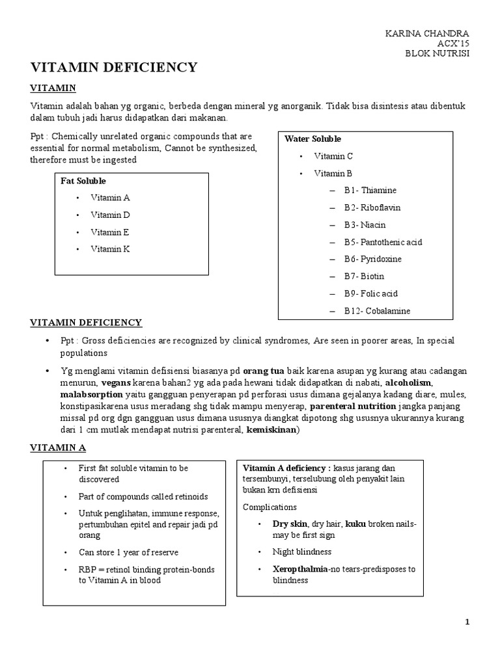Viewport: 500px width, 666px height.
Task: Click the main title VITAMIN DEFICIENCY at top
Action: coord(113,67)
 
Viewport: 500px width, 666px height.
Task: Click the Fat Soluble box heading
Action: coord(83,181)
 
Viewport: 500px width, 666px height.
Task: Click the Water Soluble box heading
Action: coord(312,139)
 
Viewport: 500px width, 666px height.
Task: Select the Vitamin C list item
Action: coord(333,156)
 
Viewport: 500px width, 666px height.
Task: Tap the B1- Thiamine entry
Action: coord(370,191)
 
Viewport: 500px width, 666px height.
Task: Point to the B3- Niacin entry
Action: coord(365,225)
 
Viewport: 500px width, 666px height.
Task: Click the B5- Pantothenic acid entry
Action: coord(383,242)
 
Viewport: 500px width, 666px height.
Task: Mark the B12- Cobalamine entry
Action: coord(378,311)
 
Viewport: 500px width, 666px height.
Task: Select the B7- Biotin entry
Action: coord(365,276)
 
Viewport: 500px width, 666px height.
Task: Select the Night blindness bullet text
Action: coord(302,552)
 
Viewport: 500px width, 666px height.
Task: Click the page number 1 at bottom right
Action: coord(467,622)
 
